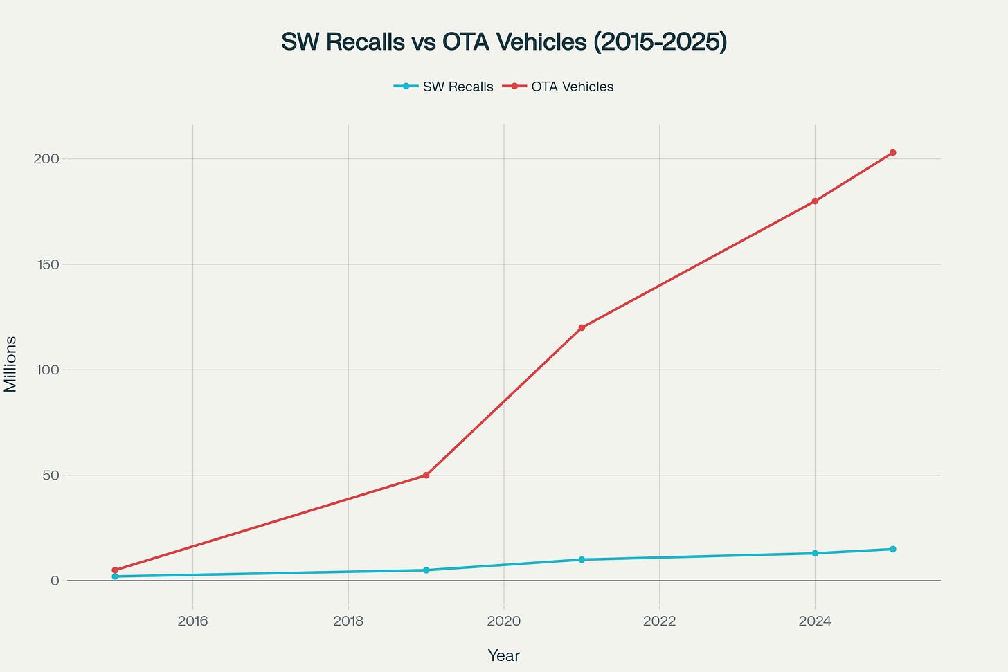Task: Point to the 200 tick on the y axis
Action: click(47, 158)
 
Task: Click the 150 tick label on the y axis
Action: click(47, 264)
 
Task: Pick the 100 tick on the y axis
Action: click(47, 370)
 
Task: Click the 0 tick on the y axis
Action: click(55, 581)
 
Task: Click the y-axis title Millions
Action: click(11, 364)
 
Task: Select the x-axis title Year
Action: click(503, 655)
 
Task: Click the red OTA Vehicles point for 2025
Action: click(892, 152)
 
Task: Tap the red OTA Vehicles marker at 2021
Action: click(582, 327)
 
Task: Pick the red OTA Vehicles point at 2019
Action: click(426, 475)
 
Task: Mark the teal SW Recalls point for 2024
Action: click(815, 553)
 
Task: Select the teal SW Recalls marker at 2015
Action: click(115, 576)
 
